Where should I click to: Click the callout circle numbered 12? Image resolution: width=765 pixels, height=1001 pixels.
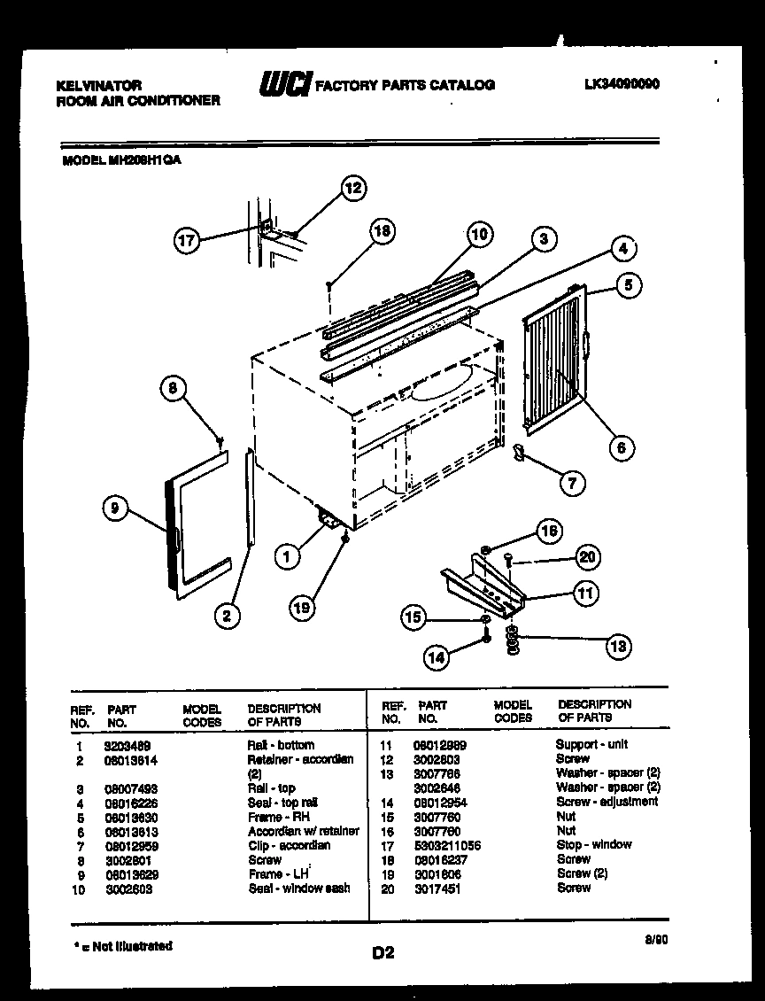(x=353, y=188)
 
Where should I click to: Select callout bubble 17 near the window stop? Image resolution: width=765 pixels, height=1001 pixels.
(x=187, y=239)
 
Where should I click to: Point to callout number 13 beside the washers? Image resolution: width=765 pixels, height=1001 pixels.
(x=618, y=647)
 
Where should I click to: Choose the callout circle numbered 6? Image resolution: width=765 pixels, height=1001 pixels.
(x=621, y=447)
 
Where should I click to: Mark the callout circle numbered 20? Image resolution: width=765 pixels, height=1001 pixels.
(x=588, y=556)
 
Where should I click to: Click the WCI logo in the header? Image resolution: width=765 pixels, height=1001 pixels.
(x=283, y=84)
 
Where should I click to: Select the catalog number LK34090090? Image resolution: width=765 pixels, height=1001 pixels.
(x=622, y=85)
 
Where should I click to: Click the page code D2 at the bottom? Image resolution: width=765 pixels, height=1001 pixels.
(x=382, y=952)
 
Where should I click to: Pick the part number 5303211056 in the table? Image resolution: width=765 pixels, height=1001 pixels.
(x=446, y=845)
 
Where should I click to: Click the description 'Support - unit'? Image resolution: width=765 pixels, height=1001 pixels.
(x=591, y=745)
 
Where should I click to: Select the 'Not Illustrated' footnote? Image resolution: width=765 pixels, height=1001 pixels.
(x=122, y=946)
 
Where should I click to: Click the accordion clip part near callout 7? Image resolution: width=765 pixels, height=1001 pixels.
(x=519, y=454)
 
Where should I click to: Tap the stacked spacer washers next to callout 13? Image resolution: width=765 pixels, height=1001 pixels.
(x=512, y=642)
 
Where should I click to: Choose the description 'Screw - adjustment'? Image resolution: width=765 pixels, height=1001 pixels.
(x=607, y=802)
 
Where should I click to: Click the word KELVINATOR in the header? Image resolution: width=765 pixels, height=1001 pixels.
(x=98, y=85)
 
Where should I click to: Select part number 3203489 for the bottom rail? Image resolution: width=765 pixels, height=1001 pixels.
(x=121, y=746)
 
